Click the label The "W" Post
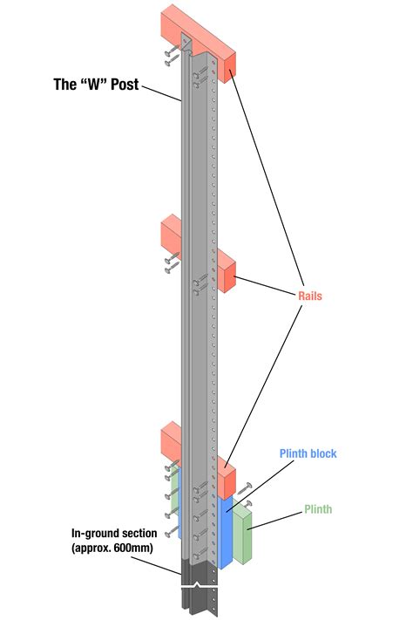[x=96, y=85]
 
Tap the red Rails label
[x=310, y=296]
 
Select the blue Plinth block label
[x=308, y=453]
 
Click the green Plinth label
[x=318, y=509]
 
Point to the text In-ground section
[x=114, y=534]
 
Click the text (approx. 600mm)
[x=112, y=548]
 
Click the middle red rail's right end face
[x=230, y=278]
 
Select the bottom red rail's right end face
[x=230, y=484]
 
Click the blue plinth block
[x=226, y=532]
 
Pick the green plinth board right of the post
[x=242, y=535]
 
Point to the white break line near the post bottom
[x=200, y=586]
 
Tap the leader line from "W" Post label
[x=162, y=93]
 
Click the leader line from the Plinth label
[x=274, y=520]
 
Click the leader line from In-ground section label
[x=156, y=565]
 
